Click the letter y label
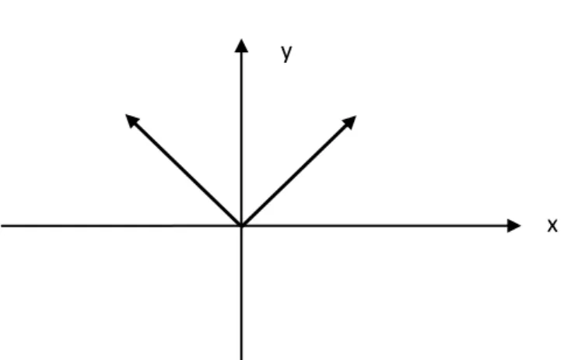click(287, 53)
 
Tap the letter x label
click(552, 225)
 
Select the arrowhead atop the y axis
click(241, 46)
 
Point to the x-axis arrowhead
click(513, 225)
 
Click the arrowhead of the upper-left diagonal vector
click(131, 120)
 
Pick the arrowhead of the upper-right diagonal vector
click(349, 122)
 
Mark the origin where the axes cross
click(241, 225)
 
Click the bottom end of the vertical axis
click(241, 359)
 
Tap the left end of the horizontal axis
click(1, 225)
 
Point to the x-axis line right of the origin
click(374, 225)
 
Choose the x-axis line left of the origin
click(121, 225)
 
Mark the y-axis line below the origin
click(241, 293)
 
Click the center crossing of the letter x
click(552, 225)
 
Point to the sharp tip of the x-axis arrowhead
click(521, 225)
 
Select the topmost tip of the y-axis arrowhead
click(241, 39)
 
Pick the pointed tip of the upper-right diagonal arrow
click(356, 116)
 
